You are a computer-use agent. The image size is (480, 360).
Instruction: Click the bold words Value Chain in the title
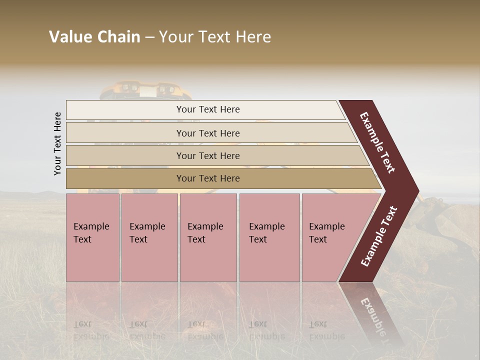click(94, 37)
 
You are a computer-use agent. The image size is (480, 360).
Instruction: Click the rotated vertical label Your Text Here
click(57, 143)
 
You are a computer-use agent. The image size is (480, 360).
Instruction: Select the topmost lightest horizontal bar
click(207, 109)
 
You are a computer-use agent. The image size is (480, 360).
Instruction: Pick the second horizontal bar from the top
click(207, 133)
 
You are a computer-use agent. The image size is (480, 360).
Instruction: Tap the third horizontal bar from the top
click(207, 155)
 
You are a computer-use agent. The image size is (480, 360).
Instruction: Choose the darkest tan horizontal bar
click(207, 178)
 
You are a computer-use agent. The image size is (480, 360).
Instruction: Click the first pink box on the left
click(92, 237)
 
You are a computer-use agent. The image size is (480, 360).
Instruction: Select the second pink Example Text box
click(149, 237)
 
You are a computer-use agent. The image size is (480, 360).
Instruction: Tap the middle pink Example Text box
click(208, 237)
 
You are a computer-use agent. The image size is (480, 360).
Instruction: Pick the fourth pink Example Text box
click(269, 237)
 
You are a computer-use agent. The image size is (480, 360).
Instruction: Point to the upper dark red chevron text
click(377, 142)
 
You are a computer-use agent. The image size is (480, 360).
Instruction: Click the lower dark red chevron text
click(378, 236)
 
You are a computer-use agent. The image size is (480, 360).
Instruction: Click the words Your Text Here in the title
click(215, 37)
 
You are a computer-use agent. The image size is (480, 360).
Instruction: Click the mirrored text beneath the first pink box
click(91, 330)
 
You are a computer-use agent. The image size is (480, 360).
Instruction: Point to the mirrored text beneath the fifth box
click(326, 330)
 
